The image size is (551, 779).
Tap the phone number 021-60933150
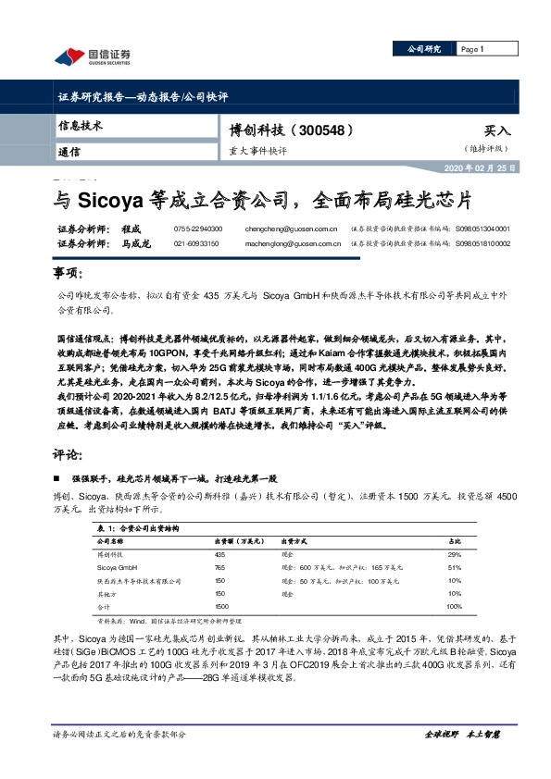196,243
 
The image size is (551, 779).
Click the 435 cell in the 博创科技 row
220,552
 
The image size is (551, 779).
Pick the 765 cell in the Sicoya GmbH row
220,566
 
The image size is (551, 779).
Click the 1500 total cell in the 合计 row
221,605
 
